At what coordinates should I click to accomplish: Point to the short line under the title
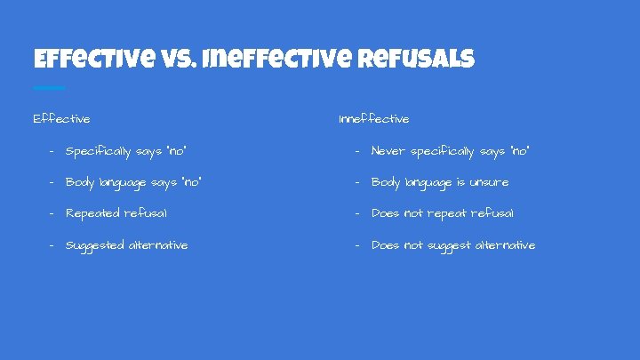click(x=49, y=88)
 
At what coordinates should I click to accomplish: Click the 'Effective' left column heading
click(x=61, y=118)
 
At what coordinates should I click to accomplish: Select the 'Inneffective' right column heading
click(x=374, y=118)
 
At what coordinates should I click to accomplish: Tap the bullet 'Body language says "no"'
click(x=133, y=182)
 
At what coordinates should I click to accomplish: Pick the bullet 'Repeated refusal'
click(x=116, y=213)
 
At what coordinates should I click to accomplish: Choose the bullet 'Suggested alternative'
click(x=127, y=244)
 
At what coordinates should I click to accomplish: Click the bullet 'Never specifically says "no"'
click(x=450, y=151)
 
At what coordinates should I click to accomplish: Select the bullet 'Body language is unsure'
click(x=440, y=182)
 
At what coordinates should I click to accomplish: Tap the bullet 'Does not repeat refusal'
click(x=443, y=213)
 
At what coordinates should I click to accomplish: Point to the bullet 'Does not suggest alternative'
click(x=453, y=244)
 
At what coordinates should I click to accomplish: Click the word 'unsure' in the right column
click(x=489, y=182)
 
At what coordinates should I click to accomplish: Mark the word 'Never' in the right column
click(x=388, y=151)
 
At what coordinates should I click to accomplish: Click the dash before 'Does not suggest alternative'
click(x=356, y=244)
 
